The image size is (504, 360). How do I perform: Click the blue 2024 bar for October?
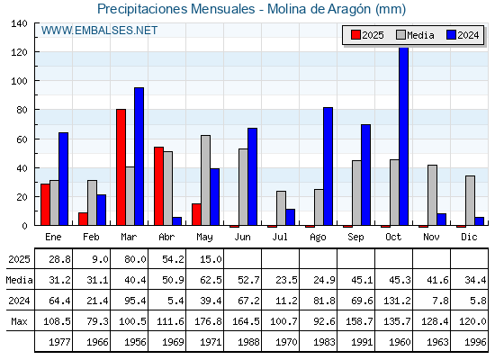404,136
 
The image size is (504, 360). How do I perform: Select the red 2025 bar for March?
121,167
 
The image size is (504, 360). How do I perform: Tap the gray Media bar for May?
206,180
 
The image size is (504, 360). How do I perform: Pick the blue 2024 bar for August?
328,166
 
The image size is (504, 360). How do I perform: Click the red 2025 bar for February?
83,219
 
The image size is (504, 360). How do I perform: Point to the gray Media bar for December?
470,201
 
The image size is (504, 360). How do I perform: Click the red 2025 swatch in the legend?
355,35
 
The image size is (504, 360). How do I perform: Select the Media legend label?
420,35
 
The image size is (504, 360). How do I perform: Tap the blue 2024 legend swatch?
451,35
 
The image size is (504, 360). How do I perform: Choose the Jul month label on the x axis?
280,237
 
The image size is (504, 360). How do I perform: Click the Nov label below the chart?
431,237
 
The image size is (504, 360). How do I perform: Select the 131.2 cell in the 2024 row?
397,301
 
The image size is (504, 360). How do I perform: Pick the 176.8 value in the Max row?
208,321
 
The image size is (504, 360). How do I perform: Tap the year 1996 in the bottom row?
475,342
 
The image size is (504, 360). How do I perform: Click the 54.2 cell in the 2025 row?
173,259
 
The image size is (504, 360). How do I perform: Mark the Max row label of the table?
19,321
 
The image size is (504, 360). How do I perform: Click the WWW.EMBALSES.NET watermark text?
99,31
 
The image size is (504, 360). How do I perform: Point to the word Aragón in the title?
349,10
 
